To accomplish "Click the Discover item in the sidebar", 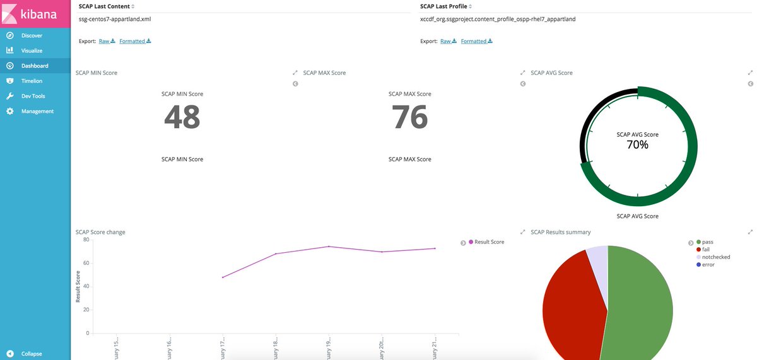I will pos(32,35).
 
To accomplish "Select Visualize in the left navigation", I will pos(32,50).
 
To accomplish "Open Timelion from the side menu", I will pos(32,81).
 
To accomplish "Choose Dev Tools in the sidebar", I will pos(33,96).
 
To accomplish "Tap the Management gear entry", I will pos(37,111).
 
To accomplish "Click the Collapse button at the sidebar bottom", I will pos(31,354).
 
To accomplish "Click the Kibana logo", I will pos(35,13).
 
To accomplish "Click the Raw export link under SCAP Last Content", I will pos(107,41).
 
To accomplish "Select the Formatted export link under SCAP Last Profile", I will pos(476,41).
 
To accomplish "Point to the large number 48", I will pos(182,117).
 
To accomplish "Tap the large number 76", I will pos(410,117).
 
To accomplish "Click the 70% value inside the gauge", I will pos(637,145).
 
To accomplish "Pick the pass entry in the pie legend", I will pos(707,242).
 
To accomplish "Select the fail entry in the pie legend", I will pos(705,250).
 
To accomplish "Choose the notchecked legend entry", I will pos(715,257).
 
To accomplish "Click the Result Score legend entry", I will pos(489,242).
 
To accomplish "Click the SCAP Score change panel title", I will pos(100,232).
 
